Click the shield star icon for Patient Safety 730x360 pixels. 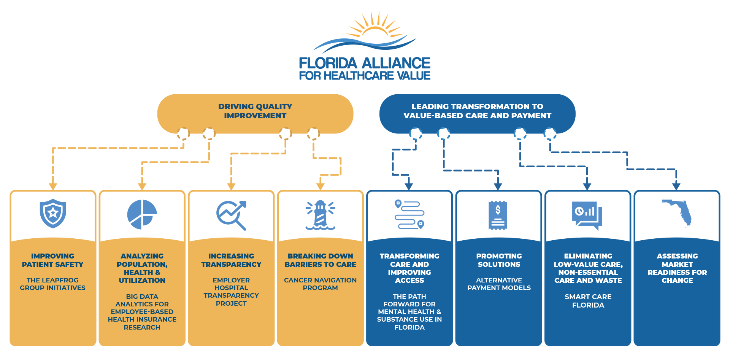click(x=53, y=213)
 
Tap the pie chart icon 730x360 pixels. click(x=142, y=214)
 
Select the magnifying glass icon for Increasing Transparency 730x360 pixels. click(x=231, y=215)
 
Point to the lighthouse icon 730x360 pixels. click(x=320, y=215)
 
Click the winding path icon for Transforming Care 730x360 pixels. click(x=409, y=214)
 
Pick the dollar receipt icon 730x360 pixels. click(x=498, y=216)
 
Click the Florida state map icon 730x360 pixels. click(x=677, y=213)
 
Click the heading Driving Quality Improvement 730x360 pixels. click(x=255, y=111)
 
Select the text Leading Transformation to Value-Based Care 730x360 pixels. click(x=477, y=111)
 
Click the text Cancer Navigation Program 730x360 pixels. click(x=320, y=284)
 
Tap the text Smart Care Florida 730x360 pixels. click(x=588, y=301)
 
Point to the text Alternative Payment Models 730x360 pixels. click(x=499, y=284)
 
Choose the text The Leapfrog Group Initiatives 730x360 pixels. click(x=52, y=284)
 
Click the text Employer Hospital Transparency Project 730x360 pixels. click(x=231, y=292)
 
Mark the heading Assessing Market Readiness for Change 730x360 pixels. click(x=677, y=268)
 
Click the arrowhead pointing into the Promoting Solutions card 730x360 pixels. click(x=498, y=187)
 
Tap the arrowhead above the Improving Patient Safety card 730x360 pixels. click(x=53, y=187)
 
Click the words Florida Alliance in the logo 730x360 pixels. click(x=364, y=63)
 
